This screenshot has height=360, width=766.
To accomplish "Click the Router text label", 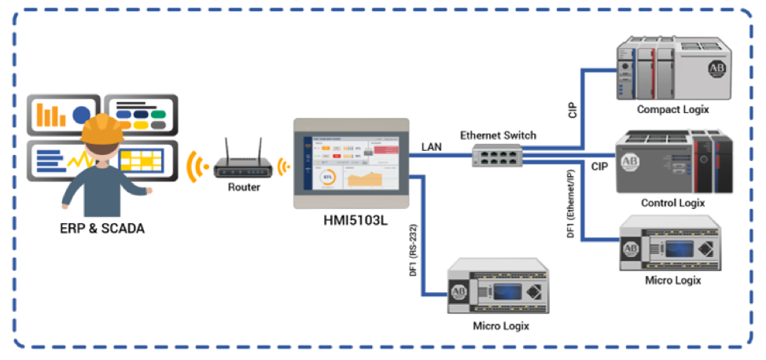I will pos(244,187).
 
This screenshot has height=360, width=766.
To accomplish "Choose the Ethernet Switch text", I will pos(498,135).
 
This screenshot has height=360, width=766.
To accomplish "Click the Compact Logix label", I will pos(672,109).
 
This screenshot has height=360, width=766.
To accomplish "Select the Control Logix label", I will pos(672,203).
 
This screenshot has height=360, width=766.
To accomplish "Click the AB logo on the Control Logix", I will pos(629,162).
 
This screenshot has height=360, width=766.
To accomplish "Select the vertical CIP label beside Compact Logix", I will pos(573,108).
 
